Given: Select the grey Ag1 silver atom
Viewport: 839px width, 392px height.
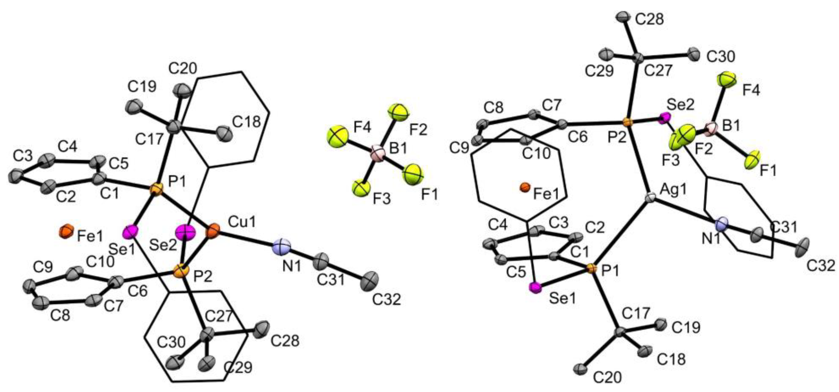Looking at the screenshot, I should pos(650,197).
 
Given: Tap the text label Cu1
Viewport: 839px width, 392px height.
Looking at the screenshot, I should pos(242,223).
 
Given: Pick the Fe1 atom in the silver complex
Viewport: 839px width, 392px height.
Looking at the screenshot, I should pos(525,187).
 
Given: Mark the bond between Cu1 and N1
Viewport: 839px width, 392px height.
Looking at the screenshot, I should pos(248,238).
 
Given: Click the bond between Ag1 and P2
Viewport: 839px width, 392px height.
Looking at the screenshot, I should pos(639,160).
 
